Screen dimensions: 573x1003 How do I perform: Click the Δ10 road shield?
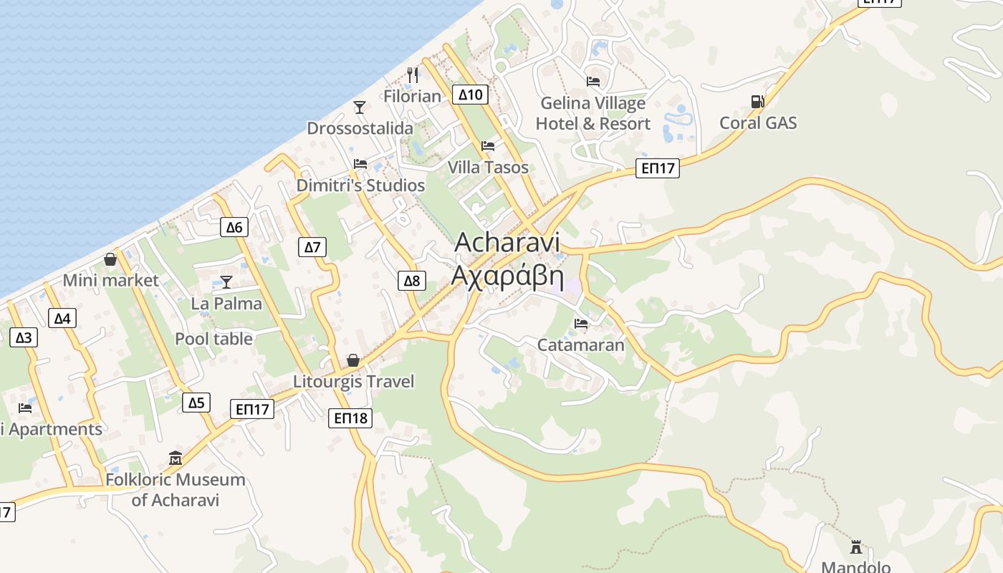click(470, 94)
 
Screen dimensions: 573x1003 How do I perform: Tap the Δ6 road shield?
click(234, 228)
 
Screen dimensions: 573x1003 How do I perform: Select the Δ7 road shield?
click(312, 247)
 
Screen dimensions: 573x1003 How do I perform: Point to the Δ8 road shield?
click(412, 280)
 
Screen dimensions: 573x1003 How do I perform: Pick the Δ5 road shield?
click(196, 403)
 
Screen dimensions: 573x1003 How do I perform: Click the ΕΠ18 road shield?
click(350, 418)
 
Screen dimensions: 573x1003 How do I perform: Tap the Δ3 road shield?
click(24, 337)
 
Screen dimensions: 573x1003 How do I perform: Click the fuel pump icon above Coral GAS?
click(757, 102)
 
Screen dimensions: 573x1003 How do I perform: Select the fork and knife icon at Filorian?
click(413, 74)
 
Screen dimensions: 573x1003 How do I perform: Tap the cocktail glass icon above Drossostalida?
click(360, 107)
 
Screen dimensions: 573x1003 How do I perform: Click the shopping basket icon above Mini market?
click(110, 259)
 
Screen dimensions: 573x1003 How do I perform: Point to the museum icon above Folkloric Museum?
click(176, 458)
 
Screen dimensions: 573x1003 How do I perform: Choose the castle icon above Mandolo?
click(855, 547)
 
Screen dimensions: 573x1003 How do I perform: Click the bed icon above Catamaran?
click(581, 324)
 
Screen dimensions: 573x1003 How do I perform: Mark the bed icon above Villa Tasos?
click(488, 146)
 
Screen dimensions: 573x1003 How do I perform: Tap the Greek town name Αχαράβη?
click(507, 276)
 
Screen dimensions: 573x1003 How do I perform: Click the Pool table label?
click(213, 339)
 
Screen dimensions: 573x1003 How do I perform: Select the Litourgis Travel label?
click(353, 381)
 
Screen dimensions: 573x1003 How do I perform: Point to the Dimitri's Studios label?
click(360, 186)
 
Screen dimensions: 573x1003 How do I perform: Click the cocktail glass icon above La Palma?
click(226, 282)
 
